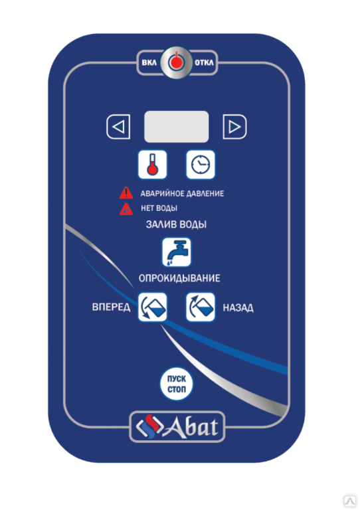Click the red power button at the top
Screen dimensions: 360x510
(176, 62)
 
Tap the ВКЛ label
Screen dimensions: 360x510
(149, 62)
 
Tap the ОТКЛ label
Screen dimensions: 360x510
(204, 62)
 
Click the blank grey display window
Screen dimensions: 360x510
(176, 127)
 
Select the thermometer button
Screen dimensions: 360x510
(153, 165)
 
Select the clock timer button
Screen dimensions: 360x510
(201, 165)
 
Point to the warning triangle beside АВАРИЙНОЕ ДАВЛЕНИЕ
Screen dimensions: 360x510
(126, 193)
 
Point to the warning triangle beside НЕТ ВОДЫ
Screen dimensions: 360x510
(126, 209)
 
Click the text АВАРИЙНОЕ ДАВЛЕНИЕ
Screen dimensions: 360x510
(182, 193)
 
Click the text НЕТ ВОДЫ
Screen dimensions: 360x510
(159, 208)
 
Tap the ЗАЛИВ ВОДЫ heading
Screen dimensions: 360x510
(176, 224)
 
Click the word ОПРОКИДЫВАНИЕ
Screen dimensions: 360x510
(179, 278)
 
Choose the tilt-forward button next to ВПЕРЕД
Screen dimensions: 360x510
(153, 307)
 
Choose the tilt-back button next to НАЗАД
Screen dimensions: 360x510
(201, 307)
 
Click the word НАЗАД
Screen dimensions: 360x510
(238, 307)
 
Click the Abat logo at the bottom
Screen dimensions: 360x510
(177, 427)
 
